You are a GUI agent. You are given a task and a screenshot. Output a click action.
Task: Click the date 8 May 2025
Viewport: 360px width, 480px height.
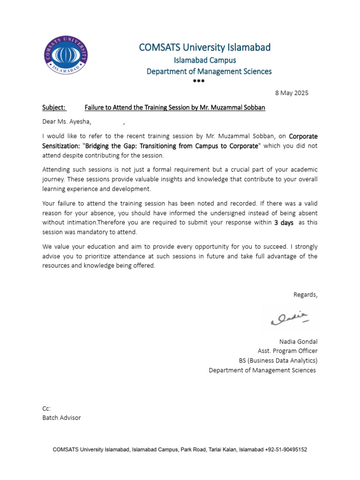tap(292, 93)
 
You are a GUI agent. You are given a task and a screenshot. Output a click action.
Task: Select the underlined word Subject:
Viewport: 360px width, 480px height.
tap(54, 107)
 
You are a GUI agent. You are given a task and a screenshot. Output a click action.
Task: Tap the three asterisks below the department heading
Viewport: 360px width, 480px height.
tap(199, 82)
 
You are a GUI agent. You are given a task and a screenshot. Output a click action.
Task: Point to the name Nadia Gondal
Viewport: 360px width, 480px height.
tap(298, 341)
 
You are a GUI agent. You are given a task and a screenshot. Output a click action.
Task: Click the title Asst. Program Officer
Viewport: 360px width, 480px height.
tap(287, 351)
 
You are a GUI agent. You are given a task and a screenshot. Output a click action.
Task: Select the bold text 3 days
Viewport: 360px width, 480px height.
tap(284, 223)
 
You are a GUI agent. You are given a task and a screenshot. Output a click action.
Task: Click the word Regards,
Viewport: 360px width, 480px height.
tap(305, 294)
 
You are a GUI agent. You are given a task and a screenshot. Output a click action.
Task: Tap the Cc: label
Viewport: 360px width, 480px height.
tap(46, 408)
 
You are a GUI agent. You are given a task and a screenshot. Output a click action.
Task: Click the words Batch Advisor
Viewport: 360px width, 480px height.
tap(61, 418)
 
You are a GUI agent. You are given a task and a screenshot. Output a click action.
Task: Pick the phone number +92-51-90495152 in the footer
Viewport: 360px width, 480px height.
tap(286, 450)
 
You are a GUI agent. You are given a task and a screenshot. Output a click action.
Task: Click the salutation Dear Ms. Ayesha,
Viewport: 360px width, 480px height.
tap(67, 122)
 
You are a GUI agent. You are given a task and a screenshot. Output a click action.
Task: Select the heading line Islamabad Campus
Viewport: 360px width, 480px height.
tap(205, 60)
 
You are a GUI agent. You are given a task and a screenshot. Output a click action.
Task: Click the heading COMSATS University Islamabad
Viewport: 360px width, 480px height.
tap(204, 47)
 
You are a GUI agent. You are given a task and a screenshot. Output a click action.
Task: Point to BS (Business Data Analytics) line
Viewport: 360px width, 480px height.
tap(278, 360)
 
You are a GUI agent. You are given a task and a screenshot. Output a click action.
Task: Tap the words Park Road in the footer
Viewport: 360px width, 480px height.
tap(194, 450)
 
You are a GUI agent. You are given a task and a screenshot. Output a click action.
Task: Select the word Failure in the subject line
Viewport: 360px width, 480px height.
tap(96, 107)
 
